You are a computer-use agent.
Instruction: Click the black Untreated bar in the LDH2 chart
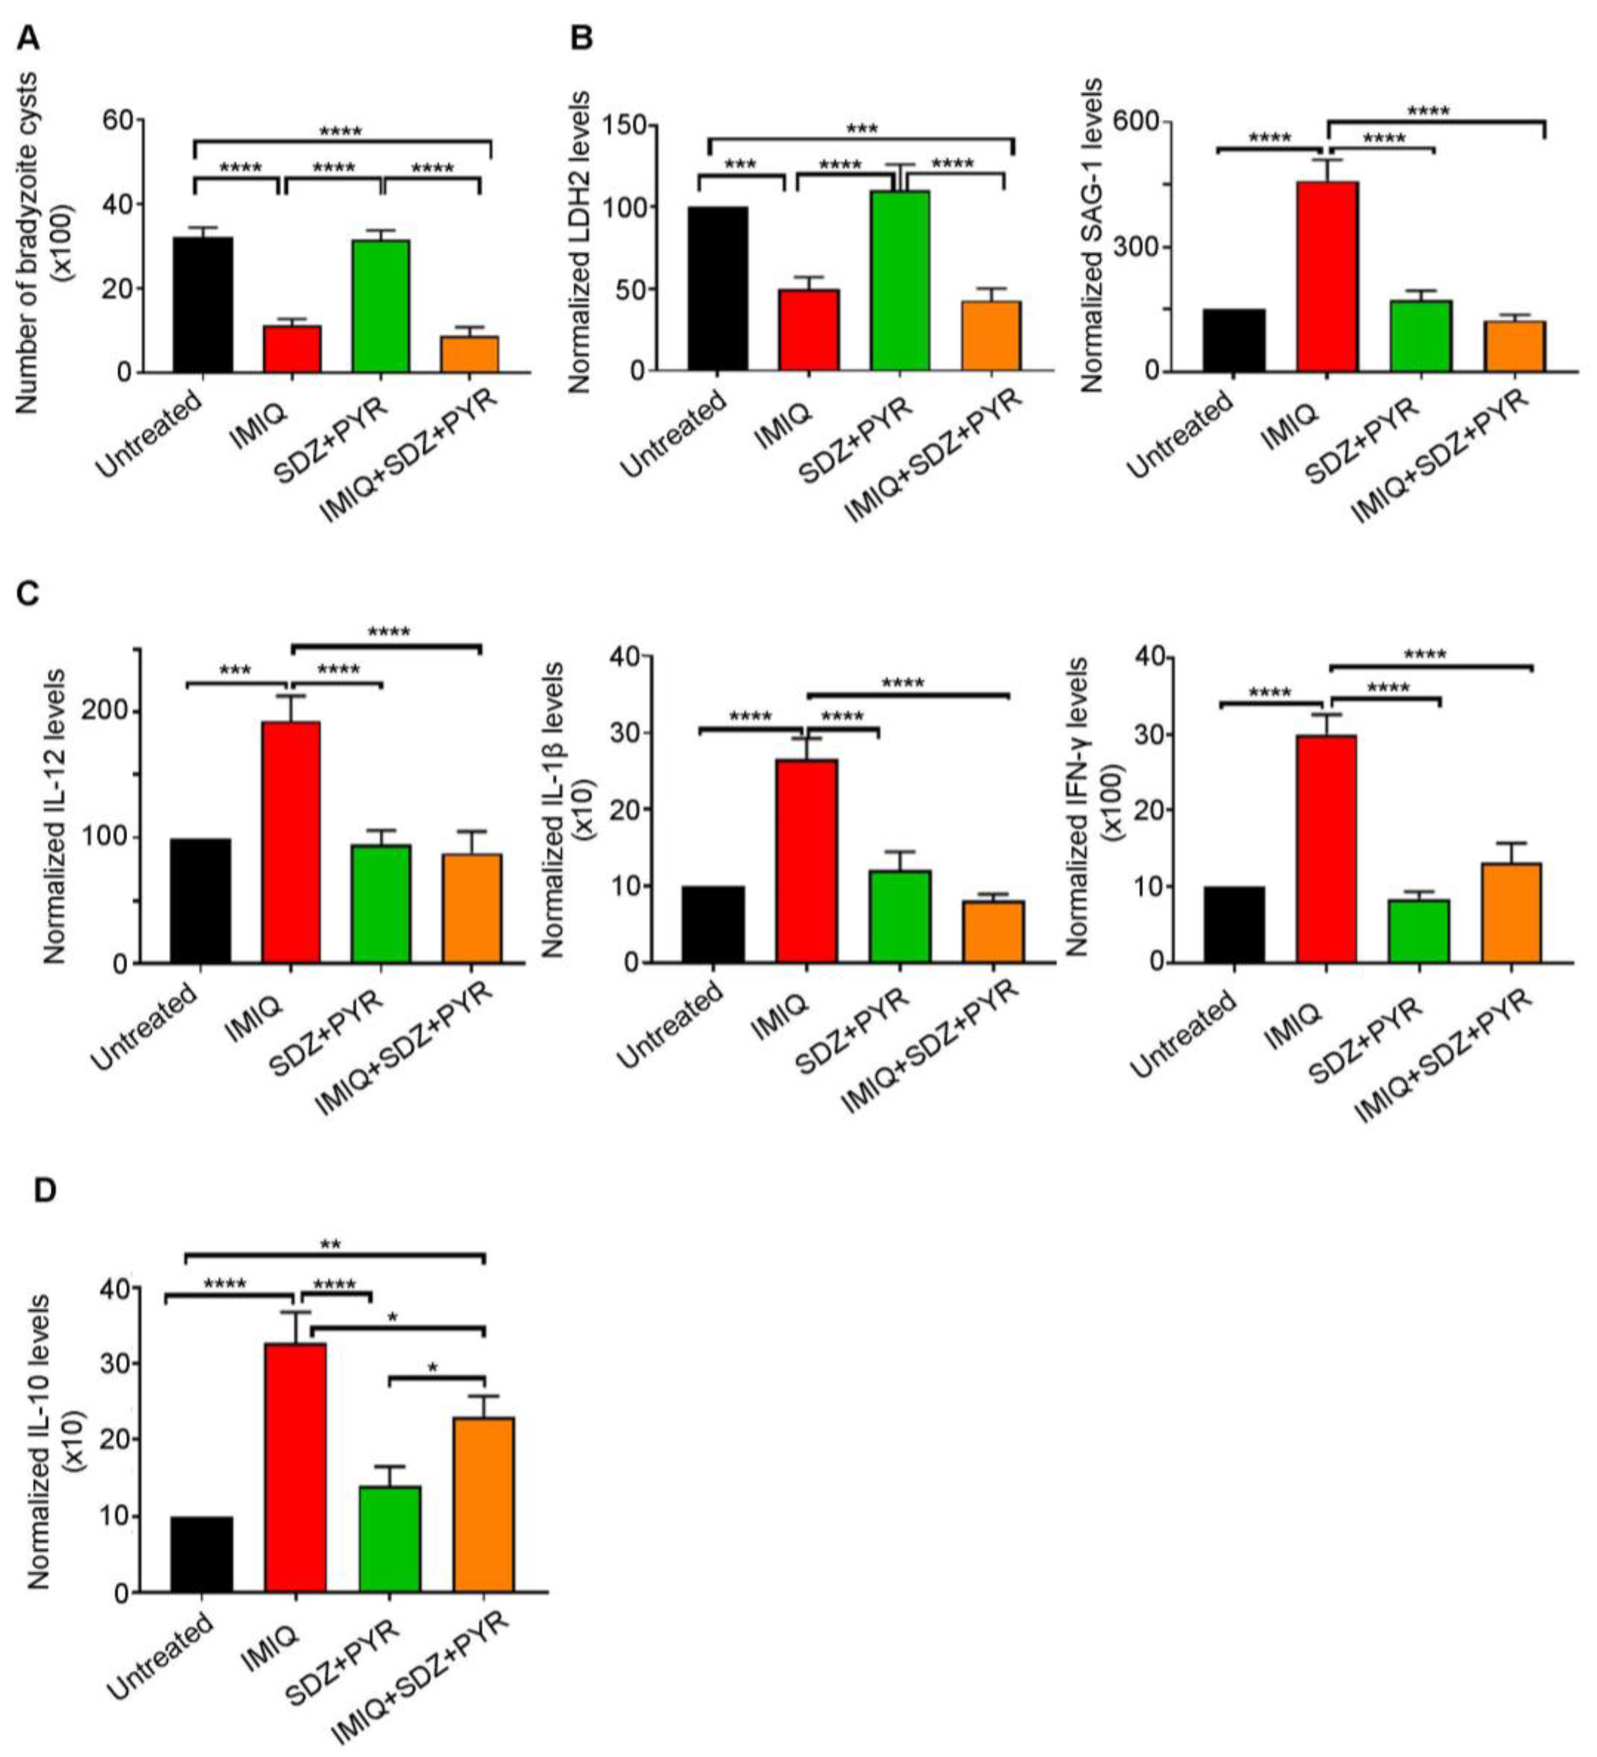(x=717, y=289)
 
